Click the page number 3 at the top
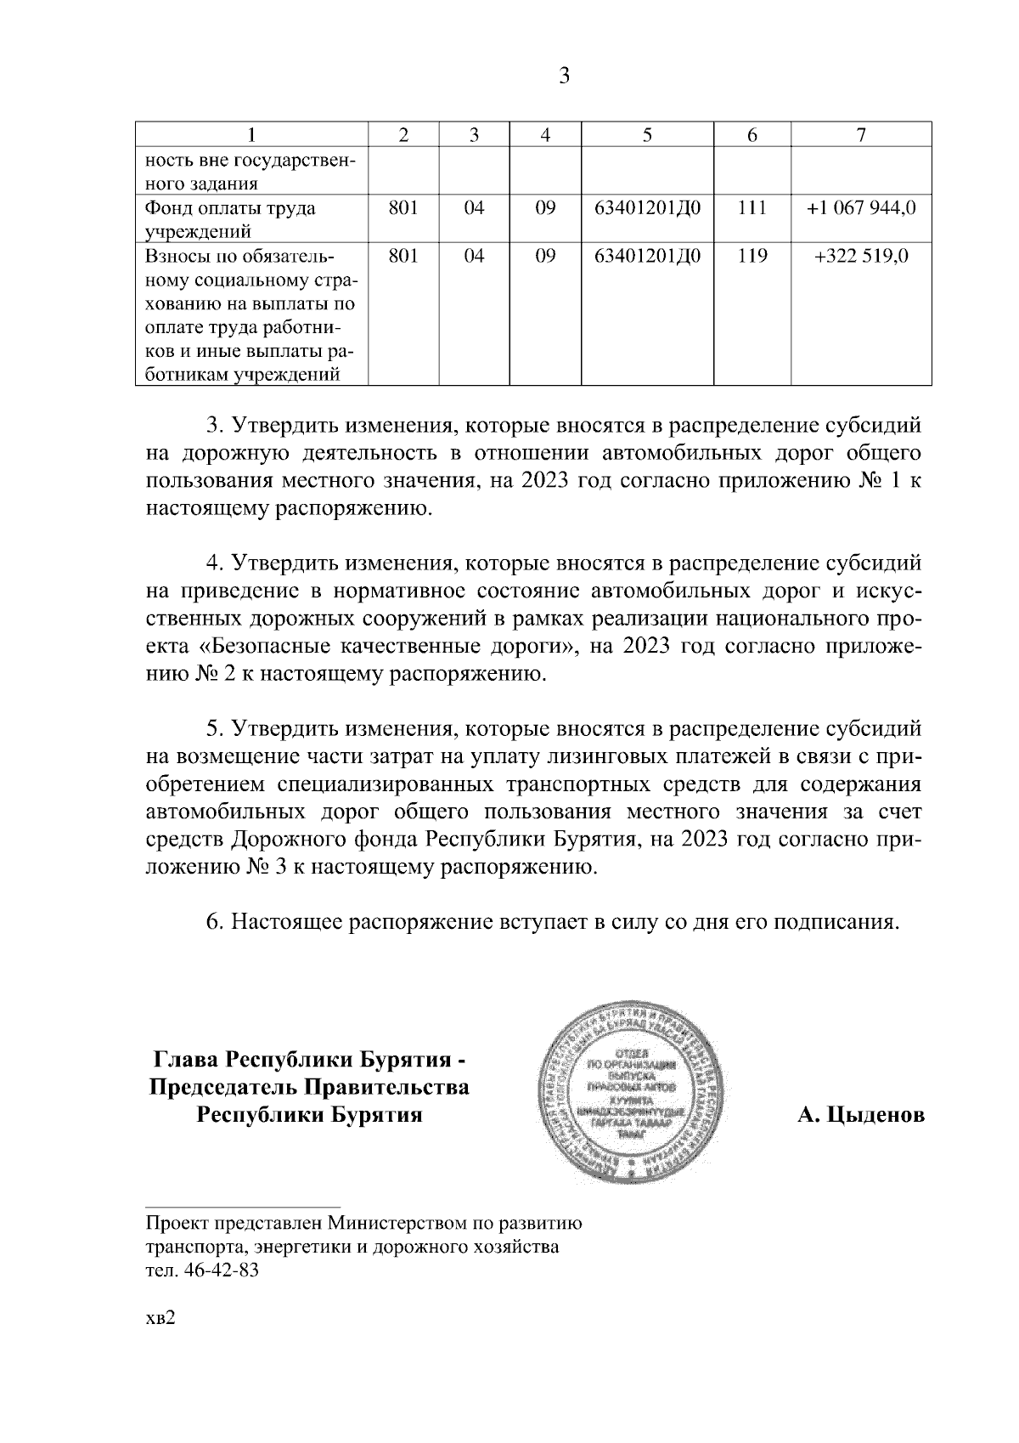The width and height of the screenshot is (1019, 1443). point(564,76)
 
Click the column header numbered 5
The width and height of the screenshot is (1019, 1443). point(647,135)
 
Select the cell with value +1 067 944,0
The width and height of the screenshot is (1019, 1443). point(861,208)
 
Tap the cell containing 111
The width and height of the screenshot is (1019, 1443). point(752,208)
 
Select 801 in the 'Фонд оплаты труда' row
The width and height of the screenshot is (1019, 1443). point(403,208)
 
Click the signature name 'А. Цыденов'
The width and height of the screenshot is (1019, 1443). point(861,1114)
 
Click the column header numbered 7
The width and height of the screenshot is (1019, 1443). point(861,135)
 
